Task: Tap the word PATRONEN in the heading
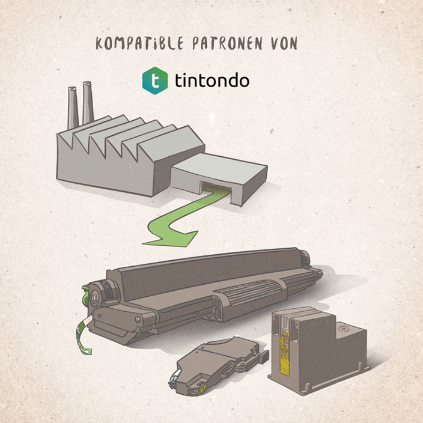(222, 44)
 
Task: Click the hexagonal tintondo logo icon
(155, 81)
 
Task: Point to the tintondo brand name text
(212, 80)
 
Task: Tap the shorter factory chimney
(73, 108)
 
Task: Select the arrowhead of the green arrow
(171, 238)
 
